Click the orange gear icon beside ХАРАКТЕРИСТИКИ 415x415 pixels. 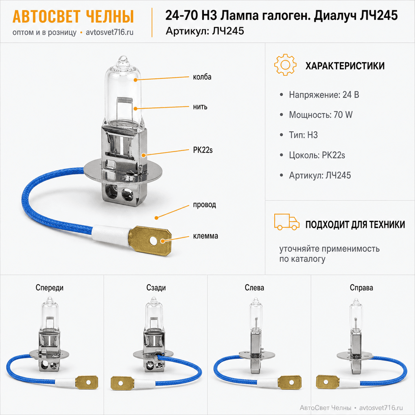coord(285,65)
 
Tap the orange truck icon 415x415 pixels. coord(287,222)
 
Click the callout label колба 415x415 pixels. coord(202,77)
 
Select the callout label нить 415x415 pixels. coord(200,107)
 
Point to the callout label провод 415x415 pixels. coord(205,205)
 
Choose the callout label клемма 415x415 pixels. coord(206,236)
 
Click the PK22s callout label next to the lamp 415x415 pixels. coord(203,150)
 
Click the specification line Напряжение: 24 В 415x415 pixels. coord(324,95)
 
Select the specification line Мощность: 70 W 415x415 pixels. coord(321,115)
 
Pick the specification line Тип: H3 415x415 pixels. coord(303,135)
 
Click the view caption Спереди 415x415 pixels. coord(50,288)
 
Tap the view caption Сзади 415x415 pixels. coord(156,288)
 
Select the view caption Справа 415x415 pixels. coord(361,288)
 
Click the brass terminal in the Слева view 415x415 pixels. coord(289,382)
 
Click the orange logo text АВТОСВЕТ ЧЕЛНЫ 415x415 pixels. coord(73,16)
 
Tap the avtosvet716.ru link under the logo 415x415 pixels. coord(110,32)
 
